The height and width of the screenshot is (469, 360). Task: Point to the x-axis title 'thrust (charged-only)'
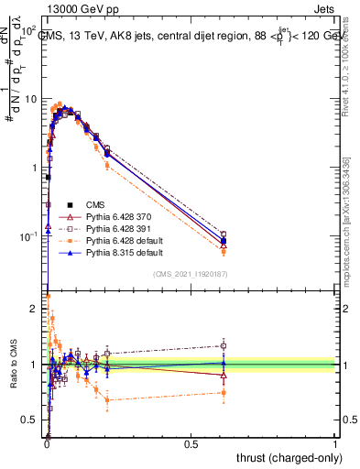(286, 455)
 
